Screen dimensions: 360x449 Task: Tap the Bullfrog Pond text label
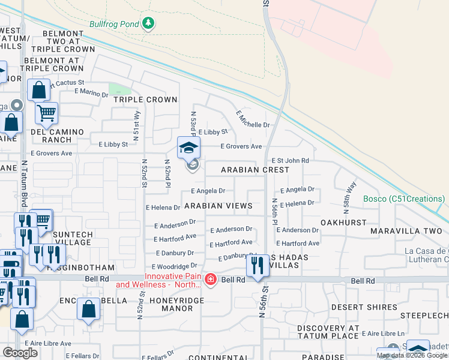[x=114, y=25]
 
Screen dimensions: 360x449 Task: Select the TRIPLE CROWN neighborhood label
[x=145, y=100]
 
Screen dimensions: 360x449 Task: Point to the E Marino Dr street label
[x=91, y=91]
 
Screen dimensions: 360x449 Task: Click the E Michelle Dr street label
[x=253, y=119]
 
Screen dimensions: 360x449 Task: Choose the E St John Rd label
[x=291, y=161]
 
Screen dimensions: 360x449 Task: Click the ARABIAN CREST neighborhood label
[x=255, y=170]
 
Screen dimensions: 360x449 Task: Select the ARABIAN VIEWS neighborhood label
[x=218, y=206]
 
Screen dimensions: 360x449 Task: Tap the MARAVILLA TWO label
[x=406, y=231]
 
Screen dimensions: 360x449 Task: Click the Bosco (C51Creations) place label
[x=406, y=199]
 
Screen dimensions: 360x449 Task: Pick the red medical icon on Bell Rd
[x=210, y=280]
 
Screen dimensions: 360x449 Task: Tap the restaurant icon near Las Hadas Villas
[x=258, y=265]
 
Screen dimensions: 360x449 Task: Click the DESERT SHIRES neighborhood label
[x=364, y=307]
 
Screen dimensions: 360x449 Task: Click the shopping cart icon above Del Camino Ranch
[x=46, y=112]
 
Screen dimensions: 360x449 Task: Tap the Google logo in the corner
[x=20, y=352]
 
